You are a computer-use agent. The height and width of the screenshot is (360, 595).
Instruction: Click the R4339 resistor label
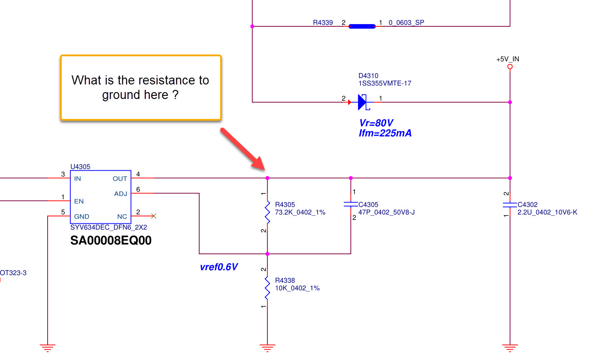(x=323, y=22)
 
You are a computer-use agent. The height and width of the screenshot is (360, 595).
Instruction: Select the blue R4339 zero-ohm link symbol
(x=362, y=26)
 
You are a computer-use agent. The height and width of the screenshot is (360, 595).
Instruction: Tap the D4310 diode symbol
(x=363, y=102)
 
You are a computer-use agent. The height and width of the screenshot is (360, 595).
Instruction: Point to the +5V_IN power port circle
(x=510, y=67)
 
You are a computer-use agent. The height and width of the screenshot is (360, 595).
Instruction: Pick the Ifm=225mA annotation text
(x=385, y=133)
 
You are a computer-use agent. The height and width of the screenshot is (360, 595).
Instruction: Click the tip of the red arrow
(x=261, y=168)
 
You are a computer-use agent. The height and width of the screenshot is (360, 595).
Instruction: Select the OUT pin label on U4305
(x=120, y=179)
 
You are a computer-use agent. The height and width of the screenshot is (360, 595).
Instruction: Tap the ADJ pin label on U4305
(x=121, y=194)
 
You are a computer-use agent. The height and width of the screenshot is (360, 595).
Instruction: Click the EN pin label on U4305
(x=79, y=201)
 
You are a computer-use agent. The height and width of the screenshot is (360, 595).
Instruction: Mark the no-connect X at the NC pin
(x=153, y=216)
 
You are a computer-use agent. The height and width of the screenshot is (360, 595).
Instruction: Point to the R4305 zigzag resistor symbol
(x=267, y=212)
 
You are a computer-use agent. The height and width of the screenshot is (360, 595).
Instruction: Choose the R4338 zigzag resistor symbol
(x=267, y=287)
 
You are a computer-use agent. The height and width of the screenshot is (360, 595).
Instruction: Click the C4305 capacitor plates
(x=351, y=204)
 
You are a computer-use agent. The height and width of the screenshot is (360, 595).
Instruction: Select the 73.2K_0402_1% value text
(x=300, y=212)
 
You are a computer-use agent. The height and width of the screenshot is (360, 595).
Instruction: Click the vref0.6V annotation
(x=219, y=267)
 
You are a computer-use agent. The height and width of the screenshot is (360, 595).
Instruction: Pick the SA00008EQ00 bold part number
(x=111, y=241)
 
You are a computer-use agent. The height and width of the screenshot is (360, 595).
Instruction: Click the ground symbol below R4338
(x=267, y=348)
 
